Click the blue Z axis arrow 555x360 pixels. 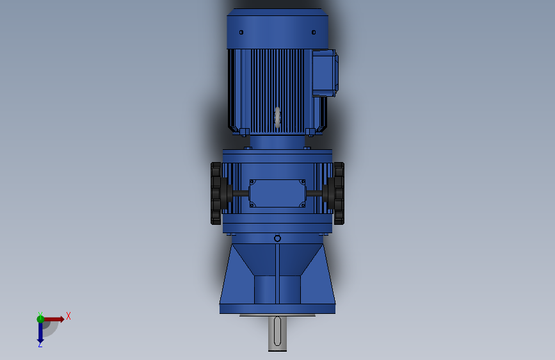pos(40,332)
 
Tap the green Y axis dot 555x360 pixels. pos(40,318)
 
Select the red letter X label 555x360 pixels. pos(68,316)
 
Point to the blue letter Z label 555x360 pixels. pos(40,345)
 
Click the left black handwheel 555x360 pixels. pos(218,193)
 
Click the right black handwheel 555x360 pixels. pos(337,193)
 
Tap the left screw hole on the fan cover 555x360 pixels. pos(241,32)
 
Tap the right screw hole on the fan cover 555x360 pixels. pos(314,32)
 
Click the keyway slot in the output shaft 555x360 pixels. pos(277,331)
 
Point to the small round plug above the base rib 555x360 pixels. pos(277,238)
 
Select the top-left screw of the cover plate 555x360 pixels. pos(252,183)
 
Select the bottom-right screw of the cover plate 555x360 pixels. pos(303,205)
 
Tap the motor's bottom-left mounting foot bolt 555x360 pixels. pos(243,132)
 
